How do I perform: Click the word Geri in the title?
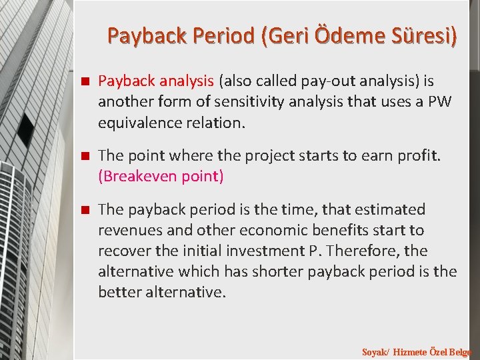(287, 35)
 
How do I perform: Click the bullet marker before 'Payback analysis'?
(85, 81)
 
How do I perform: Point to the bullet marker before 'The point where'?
(85, 156)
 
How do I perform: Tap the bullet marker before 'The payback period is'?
(85, 210)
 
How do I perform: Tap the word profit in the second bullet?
(417, 156)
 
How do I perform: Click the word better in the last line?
(118, 293)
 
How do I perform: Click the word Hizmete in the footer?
(411, 352)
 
